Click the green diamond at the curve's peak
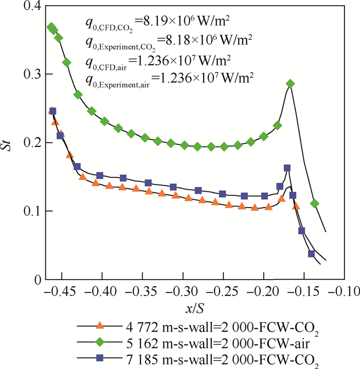[291, 84]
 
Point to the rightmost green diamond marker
[315, 204]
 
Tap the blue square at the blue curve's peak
[287, 168]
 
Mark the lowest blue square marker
[311, 253]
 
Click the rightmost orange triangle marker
[296, 206]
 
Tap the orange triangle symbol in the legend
[101, 325]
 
